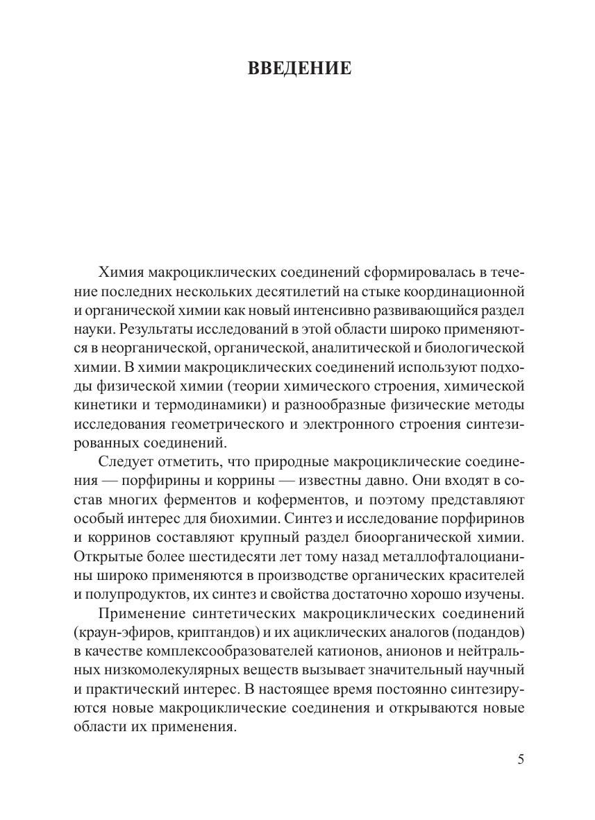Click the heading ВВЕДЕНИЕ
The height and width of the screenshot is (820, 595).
coord(299,69)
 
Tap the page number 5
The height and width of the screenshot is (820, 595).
coord(521,758)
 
